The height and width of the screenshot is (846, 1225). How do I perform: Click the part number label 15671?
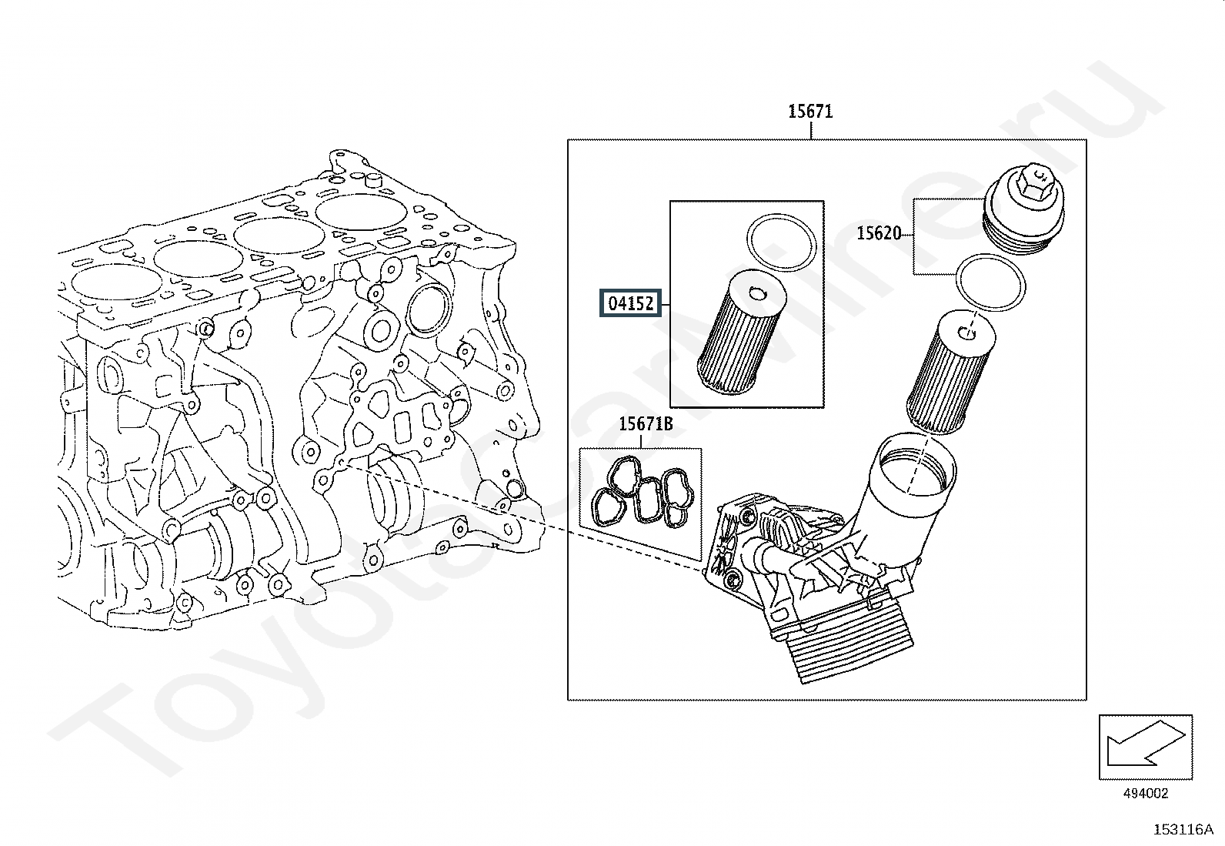click(x=810, y=112)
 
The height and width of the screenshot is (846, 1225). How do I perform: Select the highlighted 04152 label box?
click(x=630, y=303)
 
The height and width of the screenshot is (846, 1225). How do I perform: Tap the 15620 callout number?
click(x=878, y=234)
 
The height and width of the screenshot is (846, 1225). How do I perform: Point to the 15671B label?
click(x=646, y=424)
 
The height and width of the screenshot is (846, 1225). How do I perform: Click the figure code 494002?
click(x=1145, y=793)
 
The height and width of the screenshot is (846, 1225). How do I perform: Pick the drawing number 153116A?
click(x=1183, y=830)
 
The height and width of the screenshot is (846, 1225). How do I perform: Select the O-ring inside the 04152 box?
click(x=782, y=242)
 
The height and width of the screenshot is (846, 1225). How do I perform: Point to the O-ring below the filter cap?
click(x=990, y=282)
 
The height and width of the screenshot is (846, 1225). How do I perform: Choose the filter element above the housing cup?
click(x=951, y=372)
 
